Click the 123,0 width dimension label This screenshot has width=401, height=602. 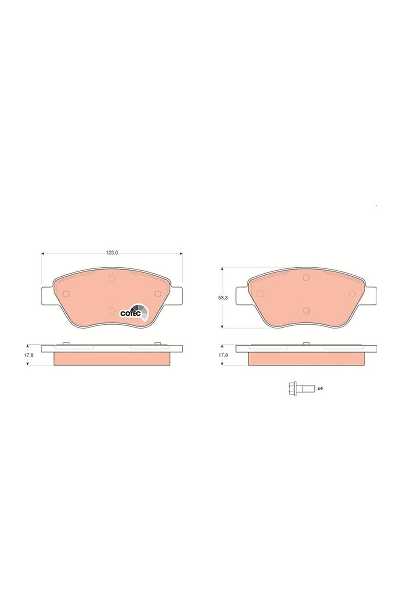(x=112, y=253)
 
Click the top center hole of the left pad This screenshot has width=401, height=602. (x=112, y=277)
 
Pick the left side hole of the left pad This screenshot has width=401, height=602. (x=66, y=294)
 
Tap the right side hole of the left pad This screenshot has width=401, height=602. (x=158, y=294)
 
